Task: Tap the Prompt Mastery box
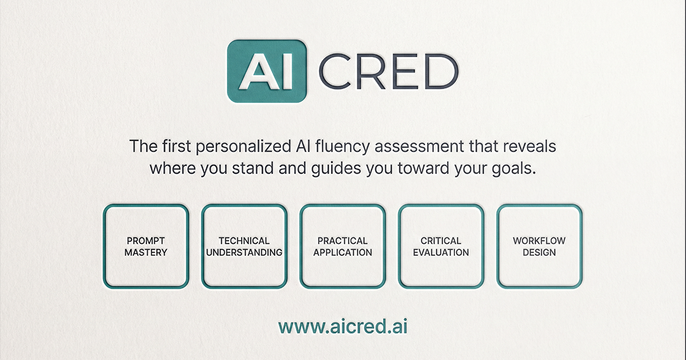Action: click(146, 246)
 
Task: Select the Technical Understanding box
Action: click(244, 246)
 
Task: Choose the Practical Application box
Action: click(342, 246)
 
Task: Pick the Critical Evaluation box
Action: click(441, 246)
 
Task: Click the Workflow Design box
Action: click(539, 246)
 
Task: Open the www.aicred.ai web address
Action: click(343, 326)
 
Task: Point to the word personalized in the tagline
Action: click(243, 147)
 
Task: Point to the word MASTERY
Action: click(146, 253)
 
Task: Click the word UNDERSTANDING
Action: click(244, 253)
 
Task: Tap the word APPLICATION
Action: click(342, 253)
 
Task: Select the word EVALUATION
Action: click(441, 253)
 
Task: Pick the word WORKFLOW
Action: click(539, 241)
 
